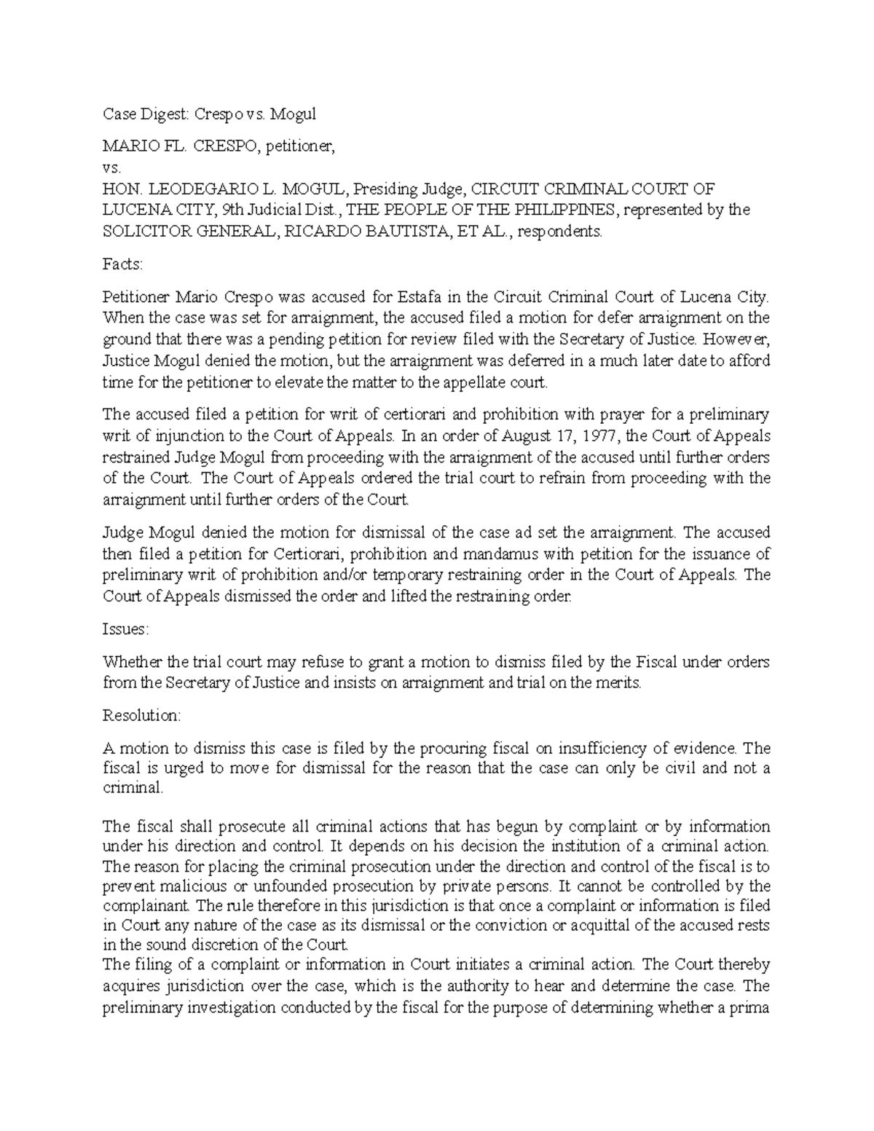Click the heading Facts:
click(x=122, y=264)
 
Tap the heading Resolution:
click(x=141, y=715)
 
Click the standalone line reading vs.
click(x=109, y=168)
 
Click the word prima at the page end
click(x=752, y=1009)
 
